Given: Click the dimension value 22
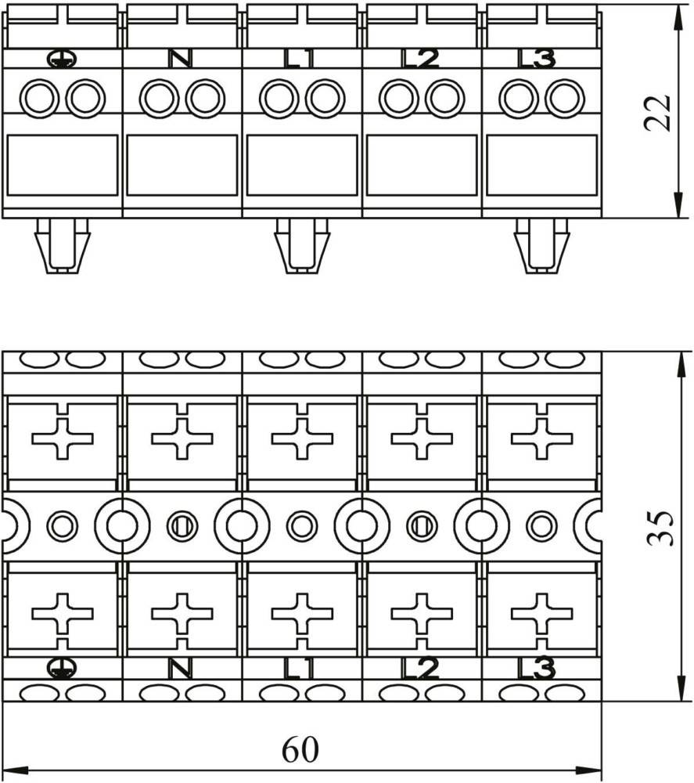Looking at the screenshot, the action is [x=657, y=112].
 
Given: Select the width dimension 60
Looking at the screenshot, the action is [x=300, y=749].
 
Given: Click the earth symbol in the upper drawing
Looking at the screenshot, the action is [x=62, y=60].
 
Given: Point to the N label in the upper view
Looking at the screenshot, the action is [x=180, y=59].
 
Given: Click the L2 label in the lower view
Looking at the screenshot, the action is [x=421, y=669].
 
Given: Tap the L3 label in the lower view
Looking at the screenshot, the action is [x=537, y=669].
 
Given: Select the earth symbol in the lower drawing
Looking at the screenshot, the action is [x=62, y=668].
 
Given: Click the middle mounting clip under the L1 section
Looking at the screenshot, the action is [x=302, y=246].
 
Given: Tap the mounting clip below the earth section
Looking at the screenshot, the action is [x=63, y=246].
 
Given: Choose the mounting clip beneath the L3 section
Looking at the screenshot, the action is [x=541, y=246].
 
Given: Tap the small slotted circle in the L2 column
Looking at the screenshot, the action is [x=422, y=526].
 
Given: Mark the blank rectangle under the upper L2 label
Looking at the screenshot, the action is [x=422, y=165].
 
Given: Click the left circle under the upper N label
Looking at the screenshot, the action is [x=159, y=98].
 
